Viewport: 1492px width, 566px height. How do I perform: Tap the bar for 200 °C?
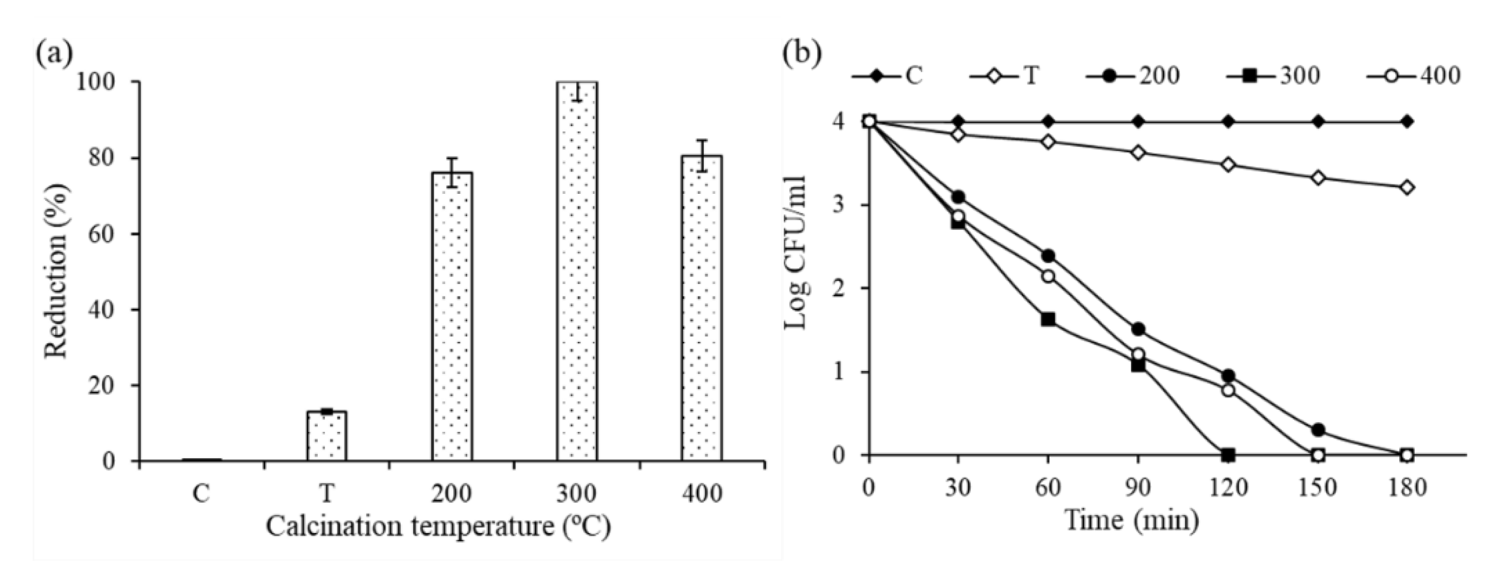(452, 315)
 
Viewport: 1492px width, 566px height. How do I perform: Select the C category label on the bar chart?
(201, 494)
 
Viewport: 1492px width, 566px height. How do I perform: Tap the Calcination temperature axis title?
(438, 527)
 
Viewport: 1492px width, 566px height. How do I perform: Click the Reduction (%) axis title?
(57, 271)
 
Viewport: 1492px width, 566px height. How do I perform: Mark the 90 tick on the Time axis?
(1138, 488)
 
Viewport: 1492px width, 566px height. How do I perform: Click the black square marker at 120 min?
(1228, 455)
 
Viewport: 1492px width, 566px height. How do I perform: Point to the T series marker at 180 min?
(1407, 188)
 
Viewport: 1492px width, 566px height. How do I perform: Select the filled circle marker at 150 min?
(1318, 430)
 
